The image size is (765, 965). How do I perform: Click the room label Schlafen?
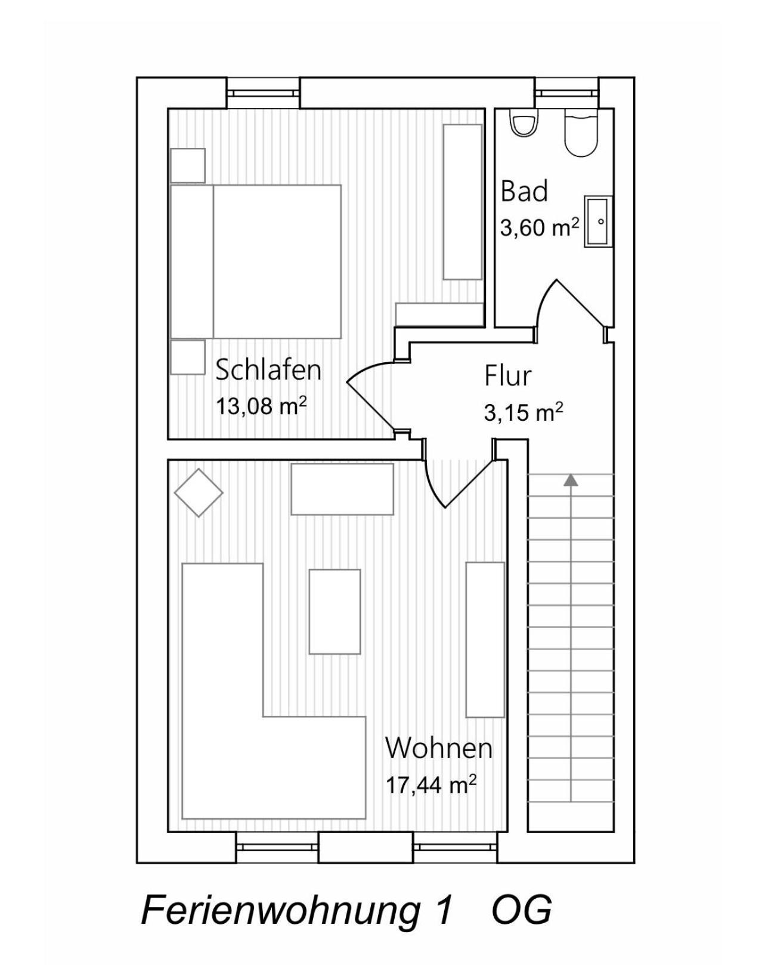coord(268,370)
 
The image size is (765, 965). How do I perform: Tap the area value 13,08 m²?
coord(261,407)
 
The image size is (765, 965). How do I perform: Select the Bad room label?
coord(524,191)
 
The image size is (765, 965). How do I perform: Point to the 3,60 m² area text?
coord(540,227)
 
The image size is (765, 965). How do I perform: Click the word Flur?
coord(508,376)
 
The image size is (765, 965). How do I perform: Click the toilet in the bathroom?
coord(524,122)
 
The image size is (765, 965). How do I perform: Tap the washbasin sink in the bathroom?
coord(598,221)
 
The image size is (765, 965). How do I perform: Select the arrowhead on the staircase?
coord(571,479)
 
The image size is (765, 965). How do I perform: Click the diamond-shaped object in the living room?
coord(199,493)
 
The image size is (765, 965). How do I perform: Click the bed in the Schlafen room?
coord(256,261)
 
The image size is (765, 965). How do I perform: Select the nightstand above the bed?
coord(188,165)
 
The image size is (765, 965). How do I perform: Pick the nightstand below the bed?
coord(188,357)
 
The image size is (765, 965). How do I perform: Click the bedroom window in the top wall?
coord(263,93)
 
